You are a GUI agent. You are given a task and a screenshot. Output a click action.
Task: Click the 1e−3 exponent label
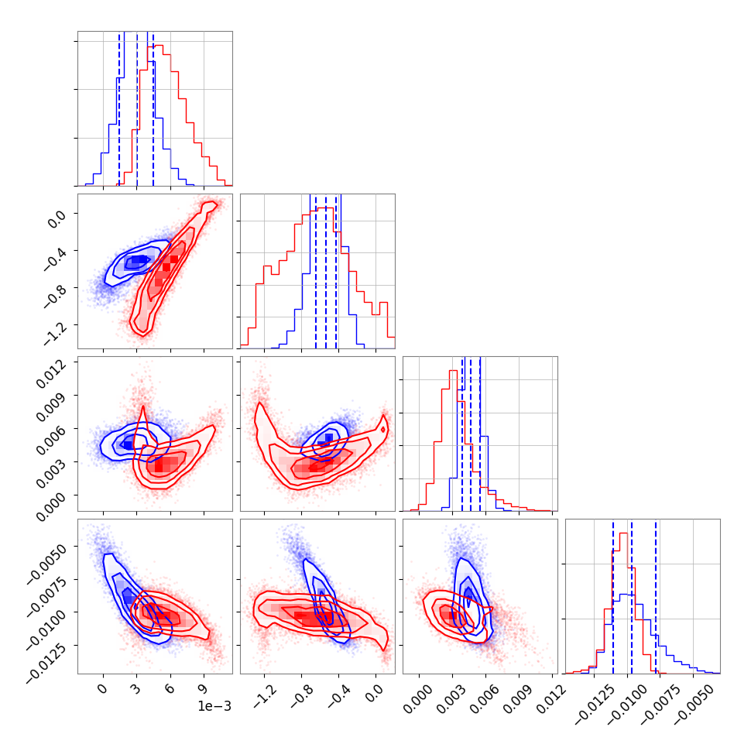click(x=214, y=705)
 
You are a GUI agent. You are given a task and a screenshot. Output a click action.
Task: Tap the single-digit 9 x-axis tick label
click(x=204, y=688)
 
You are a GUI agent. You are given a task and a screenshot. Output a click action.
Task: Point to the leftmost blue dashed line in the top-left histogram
click(x=119, y=108)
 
